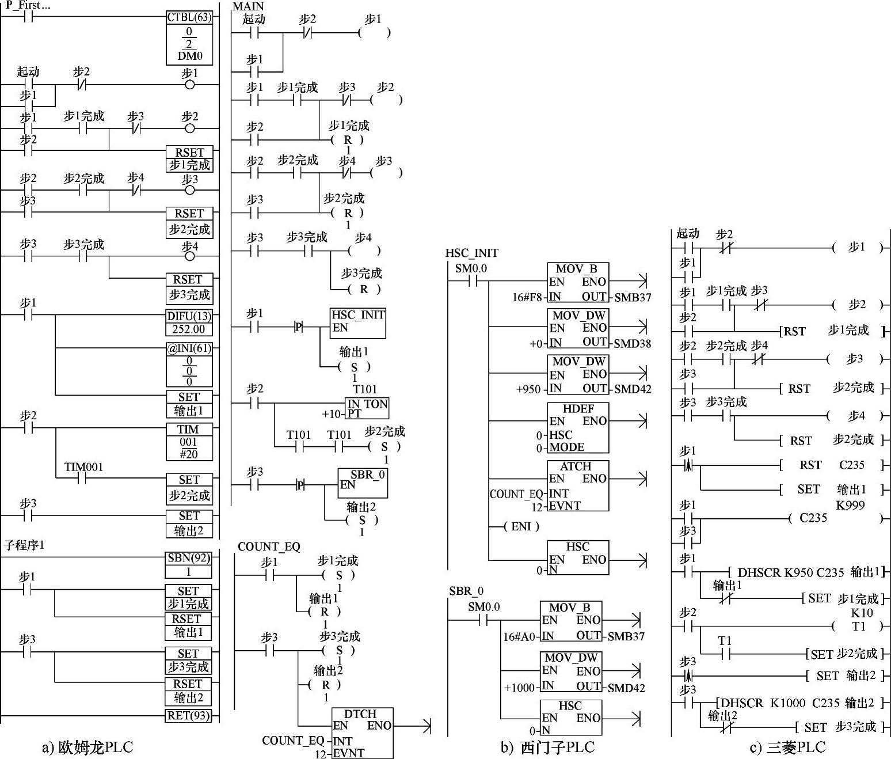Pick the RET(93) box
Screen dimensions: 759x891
click(x=188, y=716)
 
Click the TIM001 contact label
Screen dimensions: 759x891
click(x=83, y=466)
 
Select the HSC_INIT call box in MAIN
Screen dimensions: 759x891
click(x=358, y=323)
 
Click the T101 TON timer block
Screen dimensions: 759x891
click(x=367, y=408)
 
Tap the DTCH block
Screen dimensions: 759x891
click(x=363, y=732)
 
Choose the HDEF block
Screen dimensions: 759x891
click(x=577, y=427)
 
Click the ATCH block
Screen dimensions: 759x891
click(x=577, y=485)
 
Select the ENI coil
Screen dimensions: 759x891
click(x=521, y=526)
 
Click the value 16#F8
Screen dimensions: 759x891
click(x=526, y=297)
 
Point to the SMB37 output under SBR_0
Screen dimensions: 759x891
click(x=626, y=637)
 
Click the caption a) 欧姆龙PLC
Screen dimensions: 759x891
click(x=87, y=747)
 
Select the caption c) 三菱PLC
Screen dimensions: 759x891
click(x=787, y=747)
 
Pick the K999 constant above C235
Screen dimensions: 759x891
click(x=851, y=506)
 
